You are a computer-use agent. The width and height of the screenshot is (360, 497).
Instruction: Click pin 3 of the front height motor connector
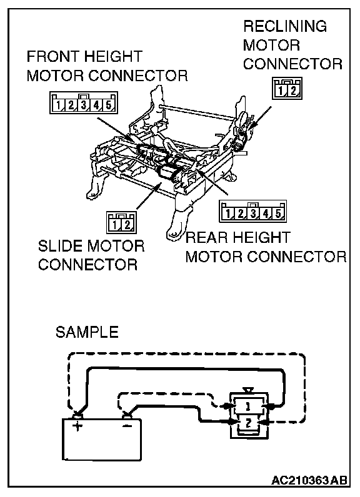tap(83, 105)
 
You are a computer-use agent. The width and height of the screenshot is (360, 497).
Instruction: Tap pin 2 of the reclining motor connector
tap(293, 91)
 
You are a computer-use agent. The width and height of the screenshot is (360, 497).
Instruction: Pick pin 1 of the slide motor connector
tap(115, 225)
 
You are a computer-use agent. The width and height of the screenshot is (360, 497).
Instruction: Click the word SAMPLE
tap(87, 332)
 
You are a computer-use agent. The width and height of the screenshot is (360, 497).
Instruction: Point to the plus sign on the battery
tap(77, 426)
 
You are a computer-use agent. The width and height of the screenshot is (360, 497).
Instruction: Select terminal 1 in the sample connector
tap(248, 406)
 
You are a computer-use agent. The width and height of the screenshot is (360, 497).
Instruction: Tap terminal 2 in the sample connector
tap(248, 422)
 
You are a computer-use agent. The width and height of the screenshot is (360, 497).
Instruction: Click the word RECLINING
tap(285, 26)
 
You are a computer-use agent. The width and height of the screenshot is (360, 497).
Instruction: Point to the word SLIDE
tap(60, 246)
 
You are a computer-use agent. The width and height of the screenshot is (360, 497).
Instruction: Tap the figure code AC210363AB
tap(309, 481)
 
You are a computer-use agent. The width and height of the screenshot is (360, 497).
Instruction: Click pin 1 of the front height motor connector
tap(58, 105)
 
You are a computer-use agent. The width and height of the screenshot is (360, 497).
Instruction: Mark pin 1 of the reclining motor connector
tap(281, 91)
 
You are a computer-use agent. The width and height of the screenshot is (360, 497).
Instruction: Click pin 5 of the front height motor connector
tap(109, 105)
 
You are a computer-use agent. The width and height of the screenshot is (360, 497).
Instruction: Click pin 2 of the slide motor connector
tap(127, 225)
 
